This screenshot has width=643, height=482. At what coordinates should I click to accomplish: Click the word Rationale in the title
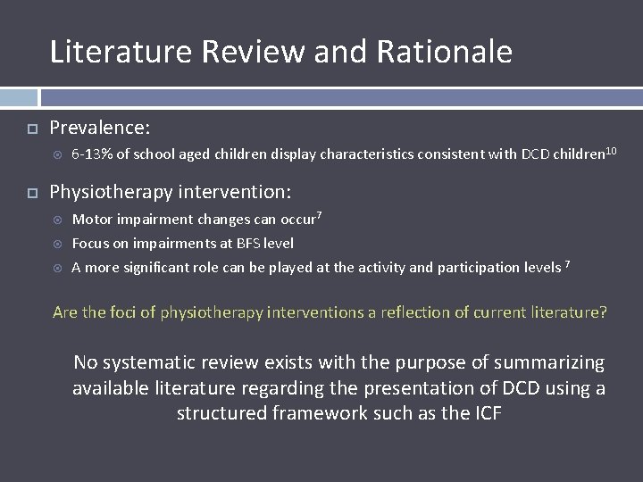click(x=444, y=52)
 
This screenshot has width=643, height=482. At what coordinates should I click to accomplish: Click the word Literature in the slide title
click(x=121, y=52)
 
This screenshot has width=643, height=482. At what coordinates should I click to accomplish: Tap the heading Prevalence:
click(x=100, y=127)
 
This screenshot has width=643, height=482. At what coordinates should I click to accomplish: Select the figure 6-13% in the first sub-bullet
click(x=91, y=154)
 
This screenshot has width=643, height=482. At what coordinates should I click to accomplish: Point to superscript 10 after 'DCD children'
click(x=611, y=150)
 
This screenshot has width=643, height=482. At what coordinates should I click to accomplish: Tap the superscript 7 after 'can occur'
click(x=320, y=215)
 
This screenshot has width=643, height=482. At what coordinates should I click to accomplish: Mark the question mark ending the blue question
click(x=603, y=312)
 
